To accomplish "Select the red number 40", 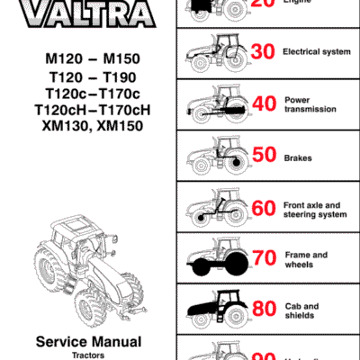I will tap(264, 104).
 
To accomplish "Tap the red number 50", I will tap(264, 157).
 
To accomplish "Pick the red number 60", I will tap(264, 209).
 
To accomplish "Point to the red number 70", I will tap(264, 260).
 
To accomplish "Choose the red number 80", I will tap(264, 311).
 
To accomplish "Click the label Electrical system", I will tap(316, 52).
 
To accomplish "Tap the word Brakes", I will tap(299, 157).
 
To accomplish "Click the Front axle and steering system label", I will tap(314, 210).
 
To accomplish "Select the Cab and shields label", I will tap(301, 311).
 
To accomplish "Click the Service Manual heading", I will tap(87, 341).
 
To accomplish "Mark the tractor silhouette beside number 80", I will tap(213, 311).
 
